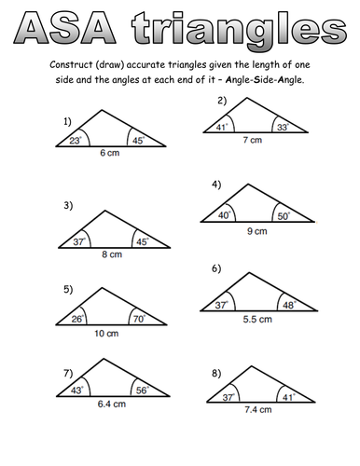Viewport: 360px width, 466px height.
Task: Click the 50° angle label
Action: coord(283,215)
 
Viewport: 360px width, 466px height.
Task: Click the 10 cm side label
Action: coord(105,333)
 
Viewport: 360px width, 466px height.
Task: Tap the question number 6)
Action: coord(215,268)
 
